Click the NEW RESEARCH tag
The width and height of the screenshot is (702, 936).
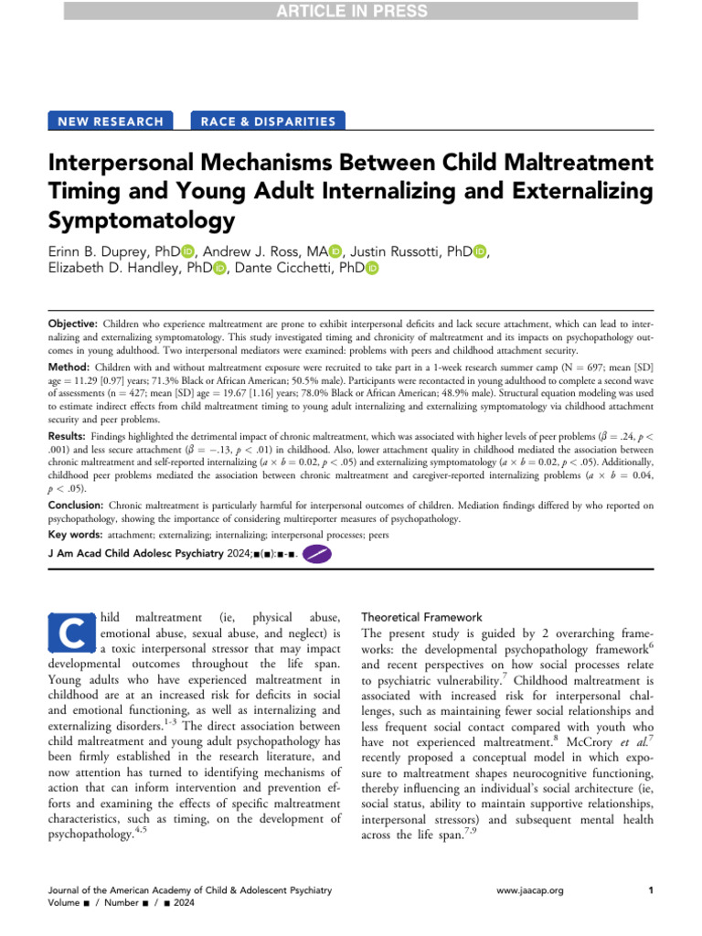tap(111, 121)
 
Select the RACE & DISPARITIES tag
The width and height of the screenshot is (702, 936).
tap(268, 121)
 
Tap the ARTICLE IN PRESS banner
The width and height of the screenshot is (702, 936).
tap(351, 10)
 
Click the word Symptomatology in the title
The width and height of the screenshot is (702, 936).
tap(142, 220)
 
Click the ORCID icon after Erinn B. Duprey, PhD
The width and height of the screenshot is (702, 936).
tap(189, 251)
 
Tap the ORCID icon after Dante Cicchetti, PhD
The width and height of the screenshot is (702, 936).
tap(371, 268)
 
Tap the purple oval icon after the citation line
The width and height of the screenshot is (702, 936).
tap(315, 553)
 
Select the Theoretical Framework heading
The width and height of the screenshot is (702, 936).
tap(429, 617)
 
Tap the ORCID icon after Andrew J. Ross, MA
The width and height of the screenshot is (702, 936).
tap(335, 251)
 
